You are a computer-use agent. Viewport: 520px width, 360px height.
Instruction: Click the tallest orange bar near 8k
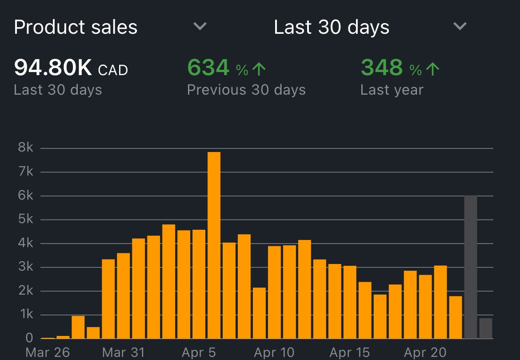pyautogui.click(x=214, y=244)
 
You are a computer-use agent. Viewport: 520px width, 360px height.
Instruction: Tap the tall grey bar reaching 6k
pyautogui.click(x=470, y=267)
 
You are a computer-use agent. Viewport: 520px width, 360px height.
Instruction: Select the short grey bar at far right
pyautogui.click(x=486, y=328)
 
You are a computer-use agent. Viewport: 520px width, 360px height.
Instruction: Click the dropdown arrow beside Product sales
pyautogui.click(x=200, y=27)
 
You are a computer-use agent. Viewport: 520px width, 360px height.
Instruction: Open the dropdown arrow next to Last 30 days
pyautogui.click(x=460, y=27)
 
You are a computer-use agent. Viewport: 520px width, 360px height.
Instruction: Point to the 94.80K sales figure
pyautogui.click(x=53, y=68)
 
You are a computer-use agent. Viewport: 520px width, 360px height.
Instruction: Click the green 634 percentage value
pyautogui.click(x=208, y=68)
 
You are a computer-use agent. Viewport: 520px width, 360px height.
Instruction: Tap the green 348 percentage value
pyautogui.click(x=381, y=68)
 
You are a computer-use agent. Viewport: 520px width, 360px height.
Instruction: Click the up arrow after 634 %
pyautogui.click(x=259, y=69)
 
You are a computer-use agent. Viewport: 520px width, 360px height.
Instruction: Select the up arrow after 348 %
pyautogui.click(x=432, y=69)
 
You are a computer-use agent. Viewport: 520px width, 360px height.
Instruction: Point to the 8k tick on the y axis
pyautogui.click(x=26, y=148)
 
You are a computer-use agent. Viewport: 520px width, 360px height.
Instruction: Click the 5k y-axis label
pyautogui.click(x=26, y=220)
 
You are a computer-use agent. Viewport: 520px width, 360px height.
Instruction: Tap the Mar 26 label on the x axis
pyautogui.click(x=48, y=352)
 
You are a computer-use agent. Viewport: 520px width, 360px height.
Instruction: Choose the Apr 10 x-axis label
pyautogui.click(x=274, y=352)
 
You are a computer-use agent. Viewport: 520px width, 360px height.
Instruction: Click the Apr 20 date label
pyautogui.click(x=425, y=352)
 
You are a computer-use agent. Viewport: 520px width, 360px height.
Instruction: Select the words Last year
pyautogui.click(x=392, y=90)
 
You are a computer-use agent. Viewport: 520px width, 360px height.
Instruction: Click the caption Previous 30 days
pyautogui.click(x=246, y=90)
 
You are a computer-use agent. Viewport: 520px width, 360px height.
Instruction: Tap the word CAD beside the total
pyautogui.click(x=113, y=70)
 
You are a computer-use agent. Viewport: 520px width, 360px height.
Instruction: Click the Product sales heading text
pyautogui.click(x=76, y=27)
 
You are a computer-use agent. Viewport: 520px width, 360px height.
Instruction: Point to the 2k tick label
pyautogui.click(x=26, y=291)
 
